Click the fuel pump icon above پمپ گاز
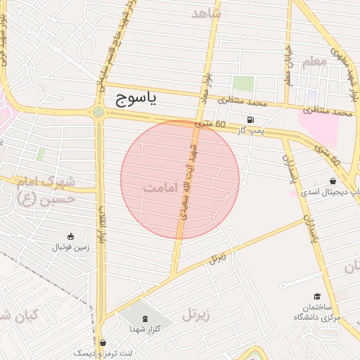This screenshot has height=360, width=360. pyautogui.click(x=251, y=119)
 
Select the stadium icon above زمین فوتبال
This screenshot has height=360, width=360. pyautogui.click(x=69, y=236)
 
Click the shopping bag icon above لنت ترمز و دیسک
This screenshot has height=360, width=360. pyautogui.click(x=103, y=343)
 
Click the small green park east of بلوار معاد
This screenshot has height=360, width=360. pyautogui.click(x=243, y=84)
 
